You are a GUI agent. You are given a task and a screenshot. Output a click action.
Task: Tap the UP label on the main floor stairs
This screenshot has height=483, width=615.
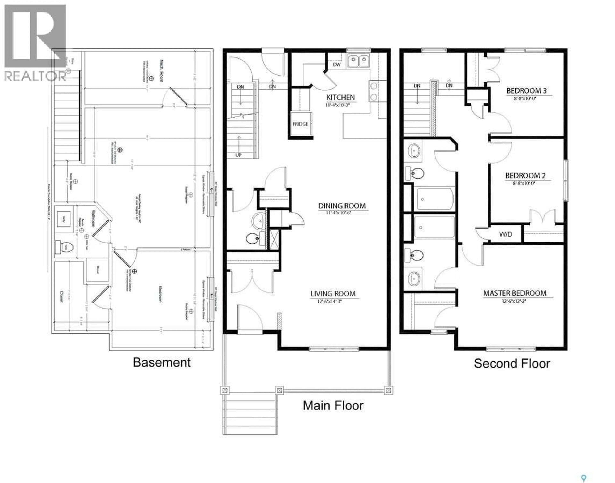pyautogui.click(x=238, y=155)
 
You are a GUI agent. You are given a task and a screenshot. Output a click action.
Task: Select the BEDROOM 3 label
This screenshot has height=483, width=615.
pyautogui.click(x=526, y=91)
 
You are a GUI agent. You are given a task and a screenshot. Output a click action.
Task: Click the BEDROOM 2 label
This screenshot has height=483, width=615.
pyautogui.click(x=525, y=176)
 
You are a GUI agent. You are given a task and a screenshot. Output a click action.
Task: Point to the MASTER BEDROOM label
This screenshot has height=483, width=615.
pyautogui.click(x=515, y=293)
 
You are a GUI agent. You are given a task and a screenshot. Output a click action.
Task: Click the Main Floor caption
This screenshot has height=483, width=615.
pyautogui.click(x=333, y=405)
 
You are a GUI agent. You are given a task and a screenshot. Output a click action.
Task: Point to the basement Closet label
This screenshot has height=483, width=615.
pyautogui.click(x=61, y=296)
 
